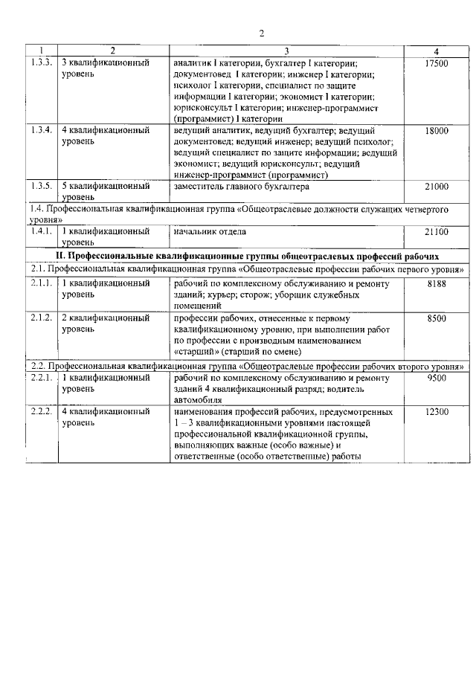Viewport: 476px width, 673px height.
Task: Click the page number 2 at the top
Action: pos(262,33)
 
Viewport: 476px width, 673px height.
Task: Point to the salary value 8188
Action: pos(437,285)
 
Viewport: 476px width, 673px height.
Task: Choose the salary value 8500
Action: pos(437,318)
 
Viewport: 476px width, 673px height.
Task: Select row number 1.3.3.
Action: pos(42,64)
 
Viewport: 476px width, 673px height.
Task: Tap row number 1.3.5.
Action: pos(42,187)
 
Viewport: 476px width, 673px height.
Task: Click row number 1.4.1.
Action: pos(42,232)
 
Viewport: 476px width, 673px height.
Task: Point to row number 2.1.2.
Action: pos(42,318)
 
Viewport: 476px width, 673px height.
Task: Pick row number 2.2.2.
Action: pos(42,411)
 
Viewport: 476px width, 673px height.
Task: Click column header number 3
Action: pos(286,51)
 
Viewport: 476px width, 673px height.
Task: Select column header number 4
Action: pos(437,51)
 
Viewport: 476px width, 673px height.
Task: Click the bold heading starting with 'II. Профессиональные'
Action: pos(248,255)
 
